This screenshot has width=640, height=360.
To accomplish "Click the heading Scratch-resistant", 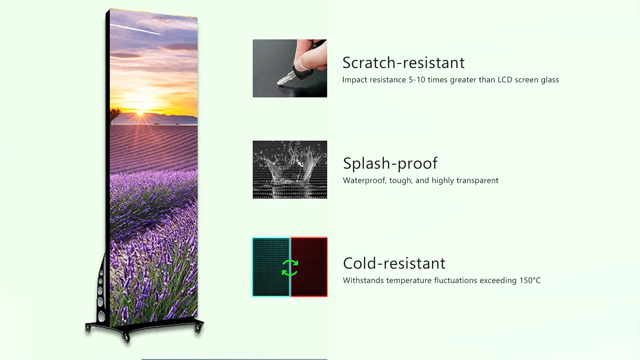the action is click(x=403, y=63).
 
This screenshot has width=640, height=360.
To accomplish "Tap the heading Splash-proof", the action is click(x=390, y=163).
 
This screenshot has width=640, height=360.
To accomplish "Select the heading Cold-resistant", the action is click(x=394, y=263).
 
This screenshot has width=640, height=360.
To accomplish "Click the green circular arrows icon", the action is click(x=290, y=268).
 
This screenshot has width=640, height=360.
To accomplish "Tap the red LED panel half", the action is click(x=309, y=267).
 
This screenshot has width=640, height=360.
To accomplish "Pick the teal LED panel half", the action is click(x=271, y=267).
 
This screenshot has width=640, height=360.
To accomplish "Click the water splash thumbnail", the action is click(x=290, y=170).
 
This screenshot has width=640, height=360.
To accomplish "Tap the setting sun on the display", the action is click(x=140, y=113).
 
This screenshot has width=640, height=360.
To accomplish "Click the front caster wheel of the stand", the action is click(x=126, y=337).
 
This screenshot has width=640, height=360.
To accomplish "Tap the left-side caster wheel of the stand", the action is click(x=88, y=328).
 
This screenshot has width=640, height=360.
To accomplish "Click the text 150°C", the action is click(x=530, y=280).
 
